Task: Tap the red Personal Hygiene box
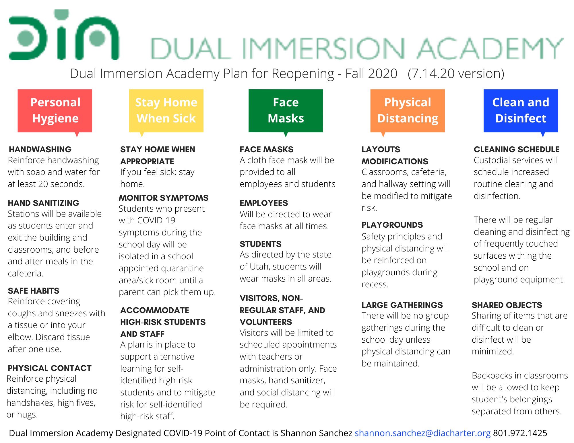point(55,110)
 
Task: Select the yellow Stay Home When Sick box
point(166,110)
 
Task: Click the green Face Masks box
point(286,110)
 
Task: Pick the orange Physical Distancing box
point(407,110)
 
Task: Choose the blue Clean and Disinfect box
point(521,110)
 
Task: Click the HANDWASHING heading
point(40,149)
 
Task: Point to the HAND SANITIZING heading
point(44,203)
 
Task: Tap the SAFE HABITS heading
point(34,291)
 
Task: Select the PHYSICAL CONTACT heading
point(50,368)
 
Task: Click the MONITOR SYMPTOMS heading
point(164,198)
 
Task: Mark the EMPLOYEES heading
point(264,203)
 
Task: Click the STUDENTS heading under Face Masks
point(261,244)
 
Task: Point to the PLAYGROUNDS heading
point(392,225)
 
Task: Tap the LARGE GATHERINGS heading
point(402,305)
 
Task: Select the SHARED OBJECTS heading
point(507,305)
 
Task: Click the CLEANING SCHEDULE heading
point(517,149)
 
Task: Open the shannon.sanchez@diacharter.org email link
point(422,433)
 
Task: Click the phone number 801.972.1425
point(520,433)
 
